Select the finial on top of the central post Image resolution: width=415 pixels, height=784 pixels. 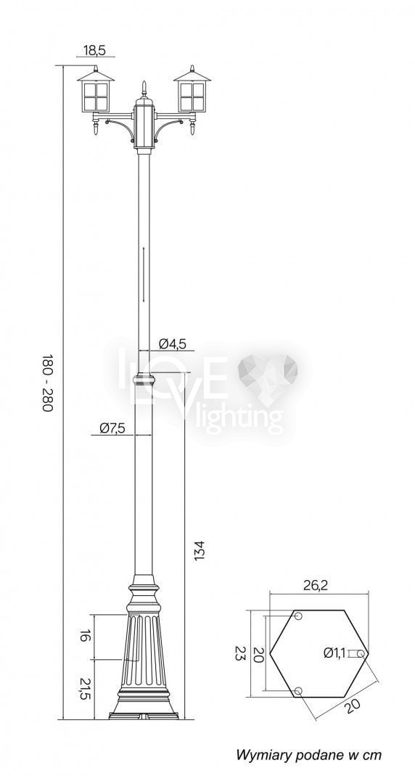[144, 89]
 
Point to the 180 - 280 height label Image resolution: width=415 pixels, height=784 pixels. [47, 383]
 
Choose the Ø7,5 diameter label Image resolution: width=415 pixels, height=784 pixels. [112, 428]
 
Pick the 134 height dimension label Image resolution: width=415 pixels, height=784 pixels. [199, 550]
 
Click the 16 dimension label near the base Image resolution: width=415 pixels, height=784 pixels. [84, 636]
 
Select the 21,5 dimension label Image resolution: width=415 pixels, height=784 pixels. [84, 688]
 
